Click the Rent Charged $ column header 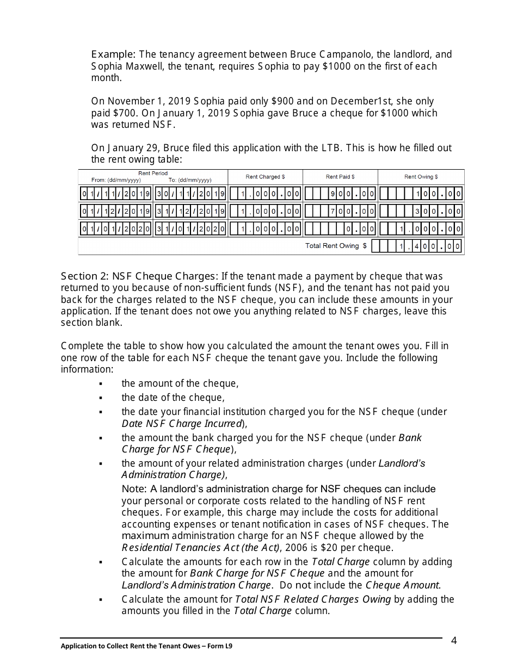(265, 177)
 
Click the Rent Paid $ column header (340, 177)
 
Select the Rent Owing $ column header (421, 177)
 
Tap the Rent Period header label (153, 174)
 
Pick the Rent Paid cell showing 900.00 (340, 194)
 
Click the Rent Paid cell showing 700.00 (340, 211)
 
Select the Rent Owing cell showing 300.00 (421, 211)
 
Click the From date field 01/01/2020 (116, 229)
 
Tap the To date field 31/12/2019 (190, 211)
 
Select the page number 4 (454, 640)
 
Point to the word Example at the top (113, 54)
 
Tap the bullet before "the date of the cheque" (101, 398)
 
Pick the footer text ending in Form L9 (150, 647)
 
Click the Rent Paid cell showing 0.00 (340, 229)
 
